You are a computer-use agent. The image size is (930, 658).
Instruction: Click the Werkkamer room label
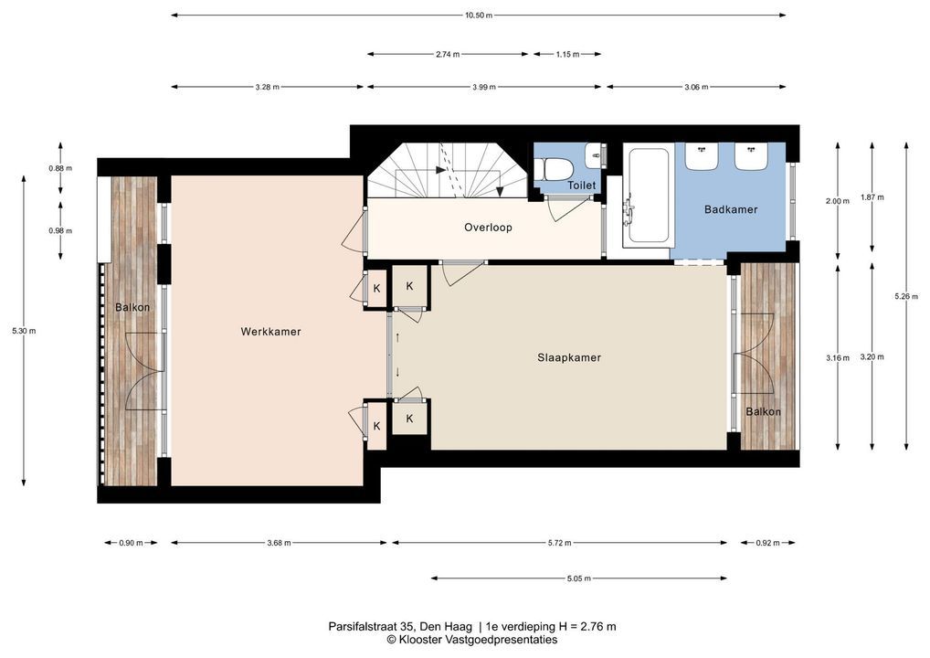(x=270, y=332)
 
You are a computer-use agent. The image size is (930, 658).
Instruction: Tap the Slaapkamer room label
(x=569, y=357)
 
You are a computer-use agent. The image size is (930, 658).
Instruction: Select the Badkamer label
(x=731, y=209)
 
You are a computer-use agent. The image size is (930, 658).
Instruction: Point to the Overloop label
(x=488, y=228)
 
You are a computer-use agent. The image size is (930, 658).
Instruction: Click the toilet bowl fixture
(x=557, y=168)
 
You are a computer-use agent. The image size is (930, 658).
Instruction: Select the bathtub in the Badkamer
(x=649, y=196)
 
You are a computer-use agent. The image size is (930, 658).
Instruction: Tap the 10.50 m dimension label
(x=479, y=16)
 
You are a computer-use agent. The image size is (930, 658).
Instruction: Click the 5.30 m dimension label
(x=24, y=331)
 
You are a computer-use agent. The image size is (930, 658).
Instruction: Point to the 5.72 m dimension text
(x=560, y=543)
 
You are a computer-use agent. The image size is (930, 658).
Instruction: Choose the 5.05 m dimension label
(x=579, y=578)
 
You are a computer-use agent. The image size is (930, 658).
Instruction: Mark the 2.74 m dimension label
(x=448, y=55)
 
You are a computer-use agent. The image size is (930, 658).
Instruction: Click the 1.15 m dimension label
(x=567, y=55)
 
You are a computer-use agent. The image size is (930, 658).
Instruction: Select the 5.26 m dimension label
(x=905, y=297)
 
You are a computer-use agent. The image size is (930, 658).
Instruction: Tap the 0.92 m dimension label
(x=768, y=543)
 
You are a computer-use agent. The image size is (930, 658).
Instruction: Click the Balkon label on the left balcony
(x=132, y=307)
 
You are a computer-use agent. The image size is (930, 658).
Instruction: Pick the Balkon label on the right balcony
(x=764, y=412)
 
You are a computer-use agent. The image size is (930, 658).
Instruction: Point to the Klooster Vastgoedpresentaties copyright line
(x=472, y=640)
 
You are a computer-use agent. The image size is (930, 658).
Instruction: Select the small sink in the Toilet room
(x=593, y=155)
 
